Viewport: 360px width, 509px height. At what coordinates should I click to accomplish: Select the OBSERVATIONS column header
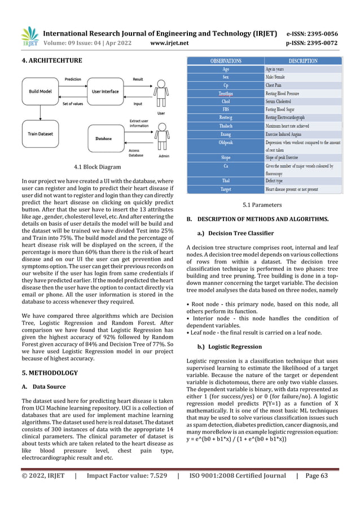pos(226,60)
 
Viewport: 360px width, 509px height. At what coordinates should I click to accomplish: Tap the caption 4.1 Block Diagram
pos(98,167)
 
